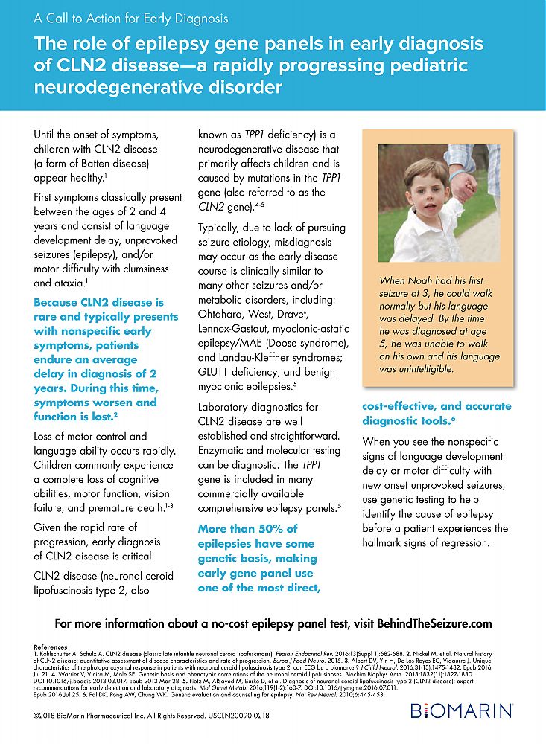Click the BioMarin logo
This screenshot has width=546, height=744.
coord(462,713)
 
